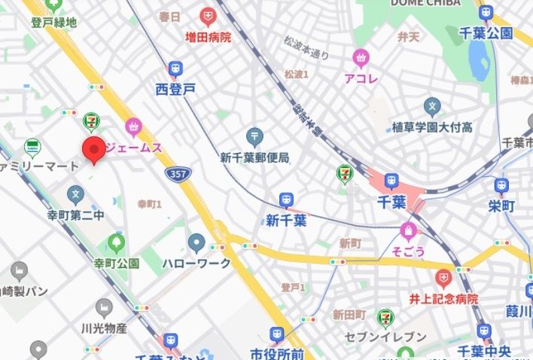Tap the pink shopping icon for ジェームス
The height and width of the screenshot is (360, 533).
click(134, 127)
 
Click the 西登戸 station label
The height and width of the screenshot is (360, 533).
click(175, 89)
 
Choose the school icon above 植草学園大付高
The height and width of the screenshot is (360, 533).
click(431, 106)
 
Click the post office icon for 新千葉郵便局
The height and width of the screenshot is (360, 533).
click(254, 138)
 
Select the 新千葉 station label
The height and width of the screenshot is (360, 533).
click(286, 221)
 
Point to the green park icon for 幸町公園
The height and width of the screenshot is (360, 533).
click(116, 243)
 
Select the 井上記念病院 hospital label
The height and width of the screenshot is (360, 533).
click(443, 299)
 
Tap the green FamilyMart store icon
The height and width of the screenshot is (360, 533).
click(32, 146)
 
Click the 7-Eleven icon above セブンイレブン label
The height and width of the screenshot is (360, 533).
click(385, 318)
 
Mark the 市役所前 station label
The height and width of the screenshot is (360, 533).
click(277, 353)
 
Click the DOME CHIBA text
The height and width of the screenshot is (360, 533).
click(426, 4)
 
